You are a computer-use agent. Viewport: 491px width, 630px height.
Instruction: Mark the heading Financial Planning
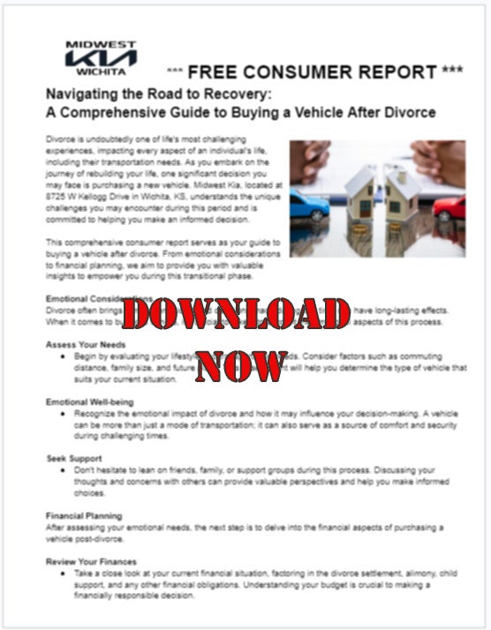(x=84, y=515)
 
